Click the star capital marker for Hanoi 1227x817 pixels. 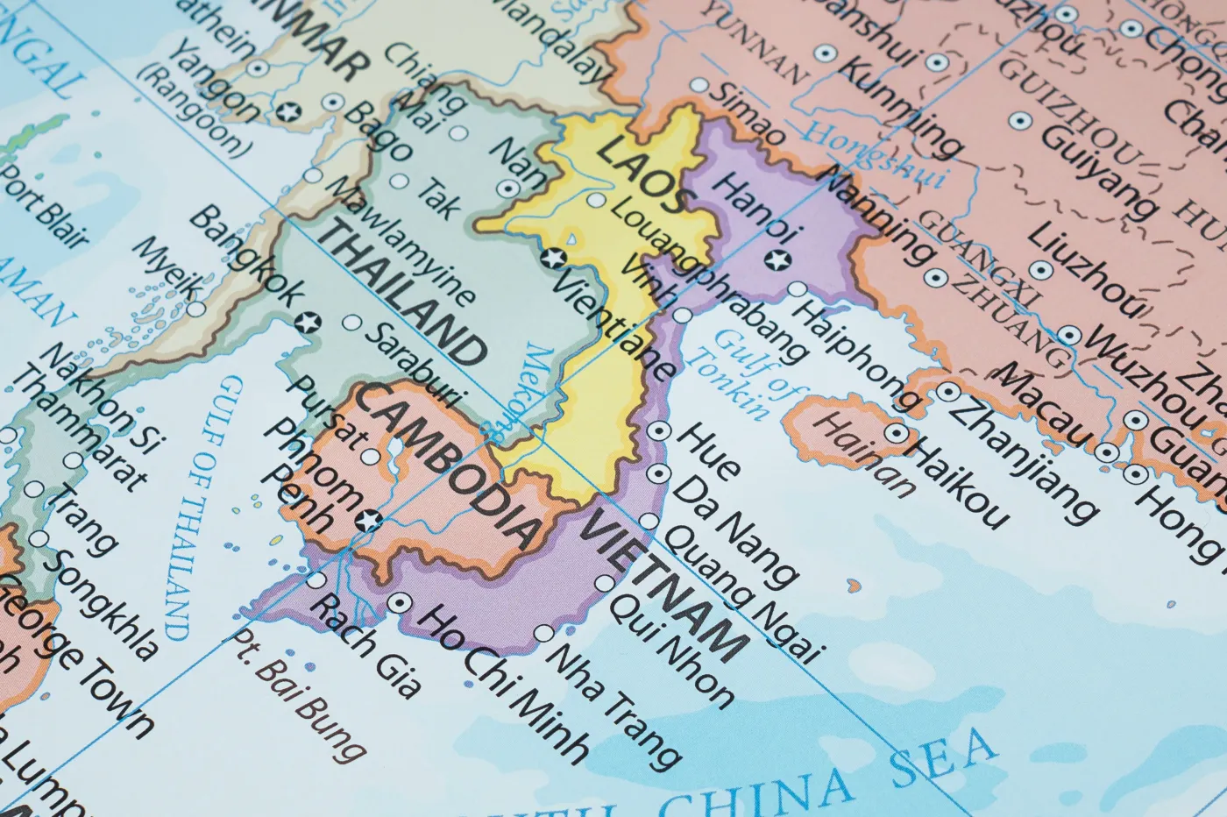[x=775, y=260]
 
